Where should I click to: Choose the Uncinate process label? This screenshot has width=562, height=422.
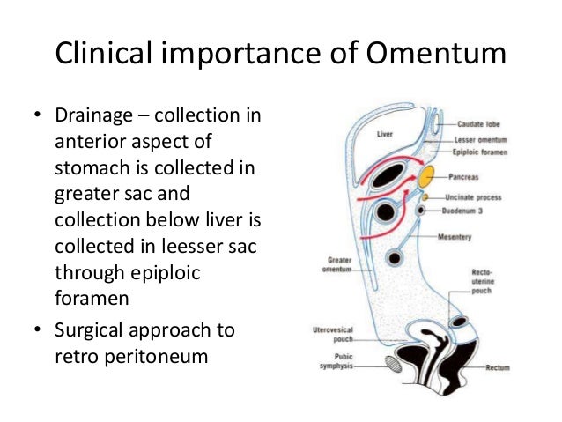[488, 197]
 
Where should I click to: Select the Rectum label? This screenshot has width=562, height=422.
[498, 367]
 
